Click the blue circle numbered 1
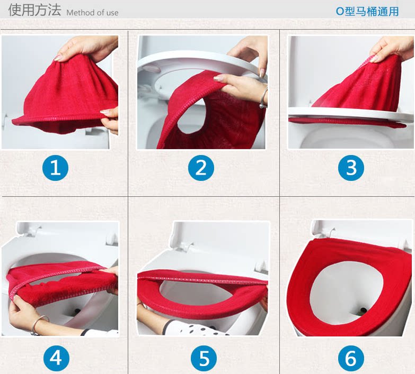55,168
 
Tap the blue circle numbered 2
201,168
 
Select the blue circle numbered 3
351,168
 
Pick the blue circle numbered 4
56,359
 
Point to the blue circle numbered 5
204,359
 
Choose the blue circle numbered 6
351,359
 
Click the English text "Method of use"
92,12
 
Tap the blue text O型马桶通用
367,11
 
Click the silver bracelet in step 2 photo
263,98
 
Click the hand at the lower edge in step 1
110,120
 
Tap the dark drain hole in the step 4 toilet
77,312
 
